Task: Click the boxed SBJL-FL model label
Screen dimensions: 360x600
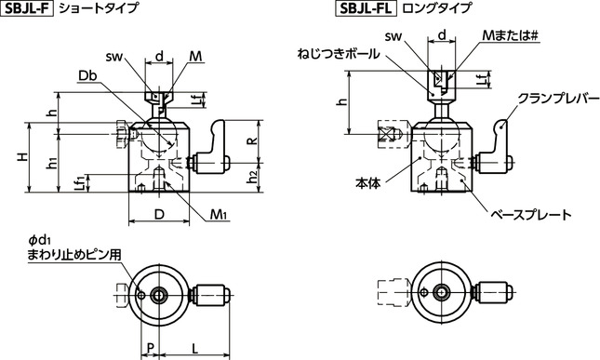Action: [x=364, y=10]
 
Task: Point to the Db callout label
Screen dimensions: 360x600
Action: [x=90, y=74]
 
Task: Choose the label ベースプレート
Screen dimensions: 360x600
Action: [x=529, y=214]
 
